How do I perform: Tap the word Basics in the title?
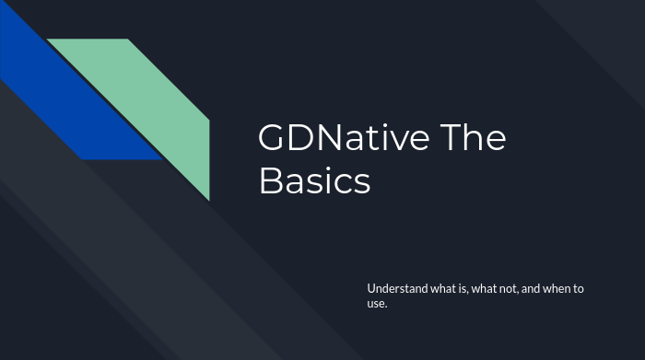[x=314, y=180]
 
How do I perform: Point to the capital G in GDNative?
[x=273, y=138]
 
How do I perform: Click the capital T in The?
[x=449, y=138]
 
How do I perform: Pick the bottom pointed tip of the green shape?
[x=208, y=198]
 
